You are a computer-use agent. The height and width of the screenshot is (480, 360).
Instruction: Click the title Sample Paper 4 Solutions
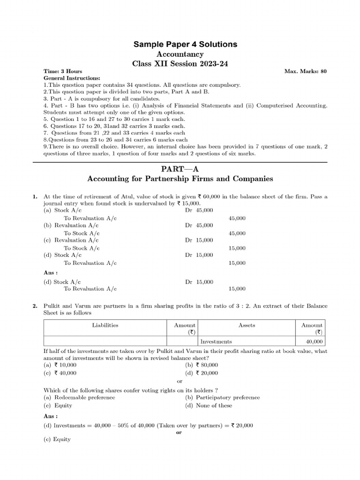coord(186,45)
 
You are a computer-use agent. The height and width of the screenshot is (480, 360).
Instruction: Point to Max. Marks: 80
coord(306,71)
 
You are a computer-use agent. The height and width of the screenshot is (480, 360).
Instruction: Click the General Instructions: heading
coord(72,78)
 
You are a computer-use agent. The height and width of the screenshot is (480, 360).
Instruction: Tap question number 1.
coord(35,197)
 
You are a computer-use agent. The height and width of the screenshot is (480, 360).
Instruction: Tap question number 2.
coord(35,306)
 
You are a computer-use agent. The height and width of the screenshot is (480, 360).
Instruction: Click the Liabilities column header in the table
coord(105,325)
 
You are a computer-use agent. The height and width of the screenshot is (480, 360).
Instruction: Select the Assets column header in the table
coord(246,325)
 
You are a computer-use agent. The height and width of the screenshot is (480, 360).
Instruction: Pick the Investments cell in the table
coord(216,342)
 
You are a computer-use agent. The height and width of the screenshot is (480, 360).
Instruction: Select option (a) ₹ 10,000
coord(60,365)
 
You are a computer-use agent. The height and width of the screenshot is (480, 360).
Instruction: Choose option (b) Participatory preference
coord(222,397)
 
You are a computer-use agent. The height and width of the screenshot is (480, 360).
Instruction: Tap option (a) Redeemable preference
coord(79,397)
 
